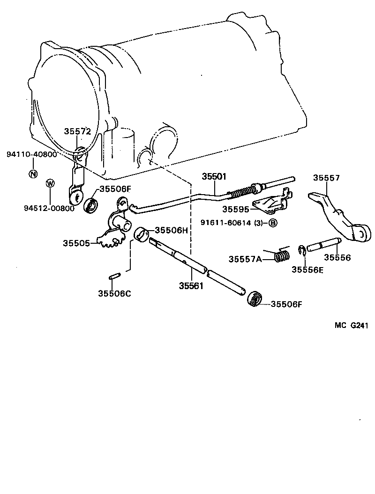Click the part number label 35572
point(77,132)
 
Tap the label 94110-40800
point(31,154)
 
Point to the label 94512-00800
point(49,209)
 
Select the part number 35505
point(77,243)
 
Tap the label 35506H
point(171,230)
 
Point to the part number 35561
point(191,286)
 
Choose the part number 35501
point(214,177)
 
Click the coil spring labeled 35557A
point(281,255)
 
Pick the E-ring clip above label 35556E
point(302,251)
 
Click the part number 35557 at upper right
point(326,178)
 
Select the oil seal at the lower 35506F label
point(255,299)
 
